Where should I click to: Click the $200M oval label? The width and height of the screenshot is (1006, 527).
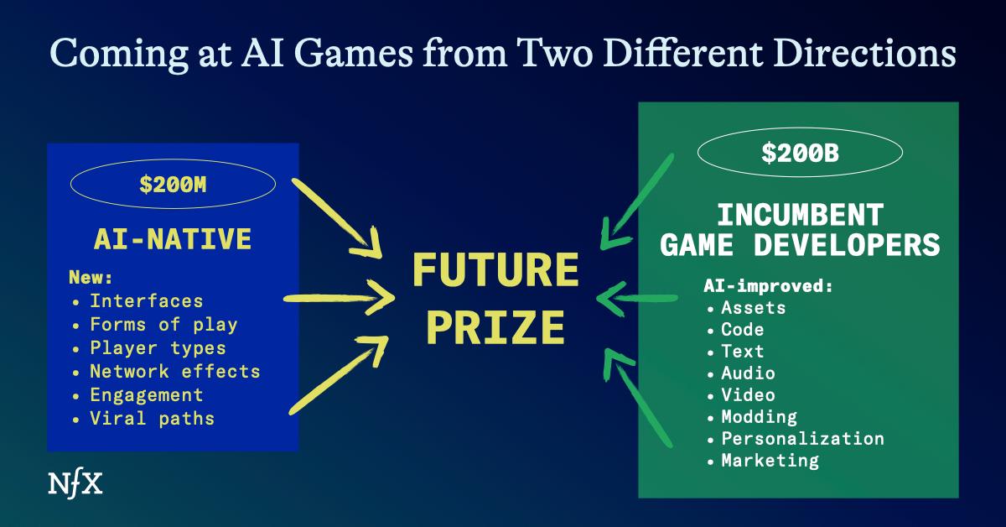point(174,185)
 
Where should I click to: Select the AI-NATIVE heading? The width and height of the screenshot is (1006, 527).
point(174,239)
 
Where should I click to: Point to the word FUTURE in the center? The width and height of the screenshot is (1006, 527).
point(495,272)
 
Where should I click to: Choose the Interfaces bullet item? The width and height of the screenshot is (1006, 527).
point(146,300)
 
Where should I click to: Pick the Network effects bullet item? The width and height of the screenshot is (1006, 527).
point(174,371)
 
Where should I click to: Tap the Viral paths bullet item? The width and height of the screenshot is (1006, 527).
point(152,418)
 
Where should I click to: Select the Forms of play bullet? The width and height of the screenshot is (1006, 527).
point(163,324)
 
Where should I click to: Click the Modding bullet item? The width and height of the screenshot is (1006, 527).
point(759,416)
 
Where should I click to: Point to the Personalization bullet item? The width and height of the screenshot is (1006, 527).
point(802,438)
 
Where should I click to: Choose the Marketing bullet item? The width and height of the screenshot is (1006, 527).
point(770,460)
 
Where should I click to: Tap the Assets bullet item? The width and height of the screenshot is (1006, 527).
point(753,307)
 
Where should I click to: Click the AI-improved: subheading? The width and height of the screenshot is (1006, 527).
point(768,285)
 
